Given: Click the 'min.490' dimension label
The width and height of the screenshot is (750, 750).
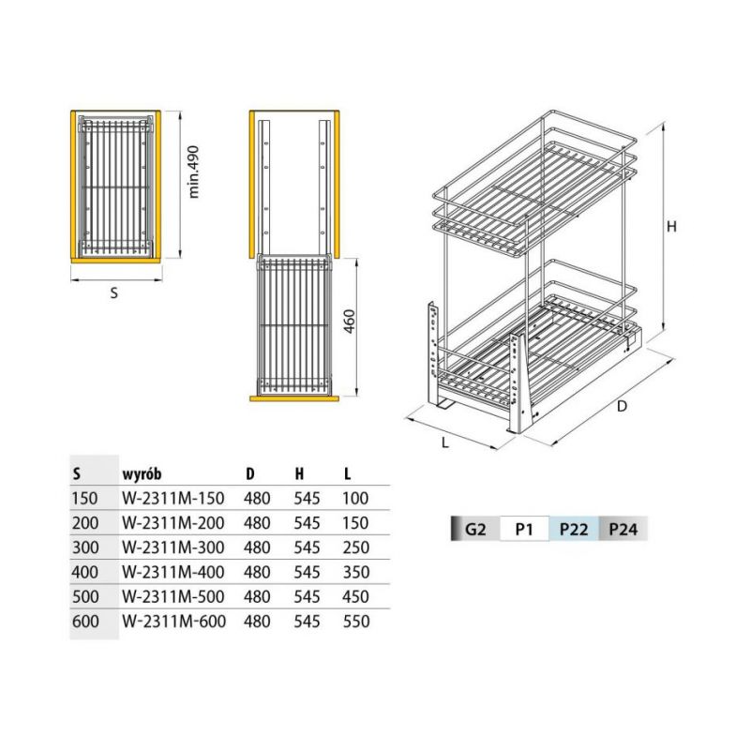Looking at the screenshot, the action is (x=194, y=172).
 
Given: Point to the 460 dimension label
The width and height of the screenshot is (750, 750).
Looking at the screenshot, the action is (x=350, y=322).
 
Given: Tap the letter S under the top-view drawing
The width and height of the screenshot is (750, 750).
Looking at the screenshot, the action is (x=113, y=292).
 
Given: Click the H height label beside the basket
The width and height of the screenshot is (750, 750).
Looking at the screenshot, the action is (x=671, y=226).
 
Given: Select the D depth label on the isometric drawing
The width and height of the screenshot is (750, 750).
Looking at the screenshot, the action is (x=622, y=406).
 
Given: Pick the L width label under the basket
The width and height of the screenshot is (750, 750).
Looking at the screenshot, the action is (x=445, y=442).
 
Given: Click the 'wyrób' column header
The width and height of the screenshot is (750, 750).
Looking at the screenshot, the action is (x=142, y=474).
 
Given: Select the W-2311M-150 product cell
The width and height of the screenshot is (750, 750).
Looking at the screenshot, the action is (x=173, y=499).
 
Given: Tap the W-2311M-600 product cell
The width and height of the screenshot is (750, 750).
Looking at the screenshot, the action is (x=174, y=622).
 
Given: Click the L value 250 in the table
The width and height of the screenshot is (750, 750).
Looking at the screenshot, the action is (x=356, y=547).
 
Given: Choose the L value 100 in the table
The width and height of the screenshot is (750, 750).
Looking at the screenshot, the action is (x=355, y=499).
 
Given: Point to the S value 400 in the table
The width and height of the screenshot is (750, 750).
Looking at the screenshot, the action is (x=85, y=572).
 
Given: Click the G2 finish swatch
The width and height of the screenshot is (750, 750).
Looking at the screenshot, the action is (x=475, y=529).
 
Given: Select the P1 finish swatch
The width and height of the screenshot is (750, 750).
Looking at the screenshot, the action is (x=524, y=529).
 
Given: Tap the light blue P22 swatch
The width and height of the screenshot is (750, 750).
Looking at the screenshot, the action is (x=574, y=529).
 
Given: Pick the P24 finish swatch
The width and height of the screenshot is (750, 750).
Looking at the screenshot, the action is (x=622, y=529).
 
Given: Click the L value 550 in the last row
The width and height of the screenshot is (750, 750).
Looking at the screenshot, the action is (x=356, y=622).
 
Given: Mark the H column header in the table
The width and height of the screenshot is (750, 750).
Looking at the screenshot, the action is (x=299, y=474).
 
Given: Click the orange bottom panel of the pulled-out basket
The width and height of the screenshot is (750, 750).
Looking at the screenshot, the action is (x=294, y=398).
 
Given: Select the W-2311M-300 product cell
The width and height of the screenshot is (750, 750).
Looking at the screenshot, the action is (x=173, y=547).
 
